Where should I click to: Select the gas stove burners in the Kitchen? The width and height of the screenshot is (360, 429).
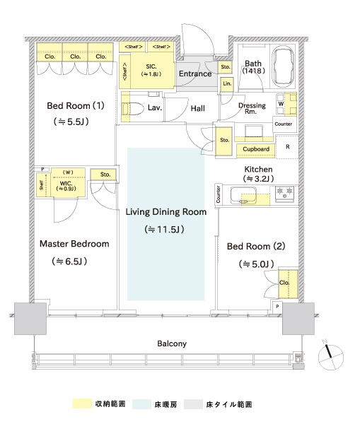pos(284,194)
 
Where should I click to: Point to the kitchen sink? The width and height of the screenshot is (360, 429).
pos(243,195)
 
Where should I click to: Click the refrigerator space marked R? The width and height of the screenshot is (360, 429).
pos(287,147)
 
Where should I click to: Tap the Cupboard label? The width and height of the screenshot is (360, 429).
pos(256,149)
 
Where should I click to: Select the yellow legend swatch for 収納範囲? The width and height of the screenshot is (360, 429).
pos(83,404)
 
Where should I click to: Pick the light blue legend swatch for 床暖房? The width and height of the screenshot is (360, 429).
pos(141,404)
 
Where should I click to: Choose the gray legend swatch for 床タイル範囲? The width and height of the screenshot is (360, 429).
pos(193,404)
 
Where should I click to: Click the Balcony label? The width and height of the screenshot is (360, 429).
pos(172,343)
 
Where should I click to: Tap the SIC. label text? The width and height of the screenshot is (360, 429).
pos(151,66)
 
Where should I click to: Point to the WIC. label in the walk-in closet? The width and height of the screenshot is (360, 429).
pos(66,183)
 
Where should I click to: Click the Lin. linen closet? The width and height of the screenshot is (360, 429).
pos(227,84)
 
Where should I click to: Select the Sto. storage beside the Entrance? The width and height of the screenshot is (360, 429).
pos(226,67)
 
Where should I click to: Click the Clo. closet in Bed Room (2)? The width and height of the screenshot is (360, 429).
pos(288,284)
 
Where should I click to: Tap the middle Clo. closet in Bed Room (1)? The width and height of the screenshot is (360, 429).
pos(75,52)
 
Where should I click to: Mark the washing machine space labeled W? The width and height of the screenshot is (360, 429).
pos(281,104)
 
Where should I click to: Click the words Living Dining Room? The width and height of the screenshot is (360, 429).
pos(166,212)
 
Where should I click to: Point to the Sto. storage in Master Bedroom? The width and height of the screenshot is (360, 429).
pos(103,175)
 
